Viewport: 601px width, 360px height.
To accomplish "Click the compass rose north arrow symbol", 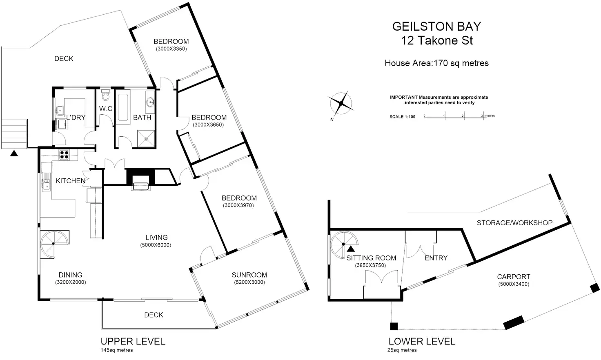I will coord(341,103).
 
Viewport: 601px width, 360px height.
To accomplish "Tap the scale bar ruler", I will coord(454,116).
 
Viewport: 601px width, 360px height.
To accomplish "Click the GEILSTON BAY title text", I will coord(436,27).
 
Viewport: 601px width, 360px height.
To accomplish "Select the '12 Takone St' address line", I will coord(437,40).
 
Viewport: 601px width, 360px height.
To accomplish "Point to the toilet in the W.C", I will coord(106,96).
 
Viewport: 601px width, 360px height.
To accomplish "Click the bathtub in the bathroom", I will coord(123,107).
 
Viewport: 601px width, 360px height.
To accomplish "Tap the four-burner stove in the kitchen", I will coord(64,154).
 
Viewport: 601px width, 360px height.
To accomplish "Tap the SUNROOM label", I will coord(249,275).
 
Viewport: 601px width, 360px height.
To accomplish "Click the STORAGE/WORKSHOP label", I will coord(514,223).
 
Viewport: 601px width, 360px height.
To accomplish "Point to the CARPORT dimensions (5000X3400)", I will coord(514,284).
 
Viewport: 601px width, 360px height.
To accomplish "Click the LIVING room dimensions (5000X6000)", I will coord(156,245).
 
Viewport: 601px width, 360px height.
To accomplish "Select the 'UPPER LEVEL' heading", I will coord(133,342).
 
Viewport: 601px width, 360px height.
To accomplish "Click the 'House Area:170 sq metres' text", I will coord(436,63).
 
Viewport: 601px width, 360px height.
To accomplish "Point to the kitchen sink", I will coord(46,182).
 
